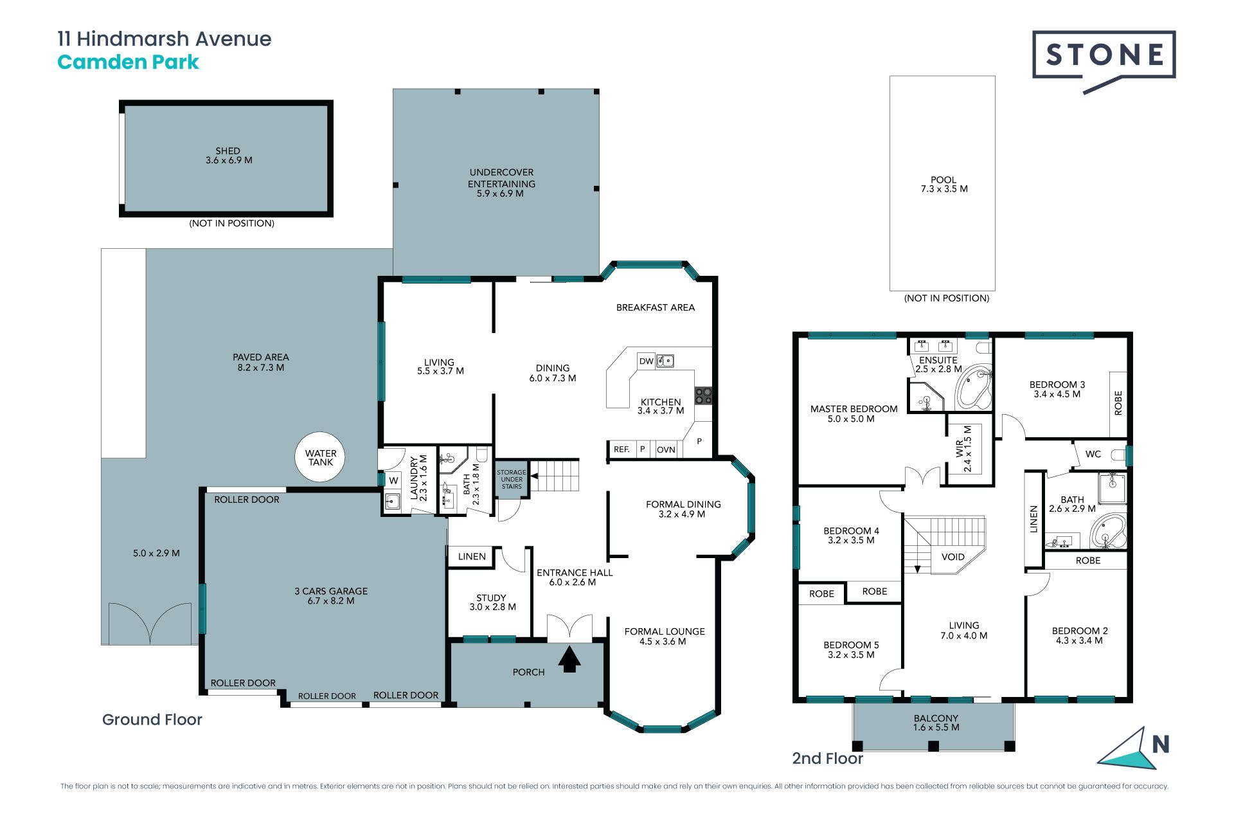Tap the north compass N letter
tap(1160, 745)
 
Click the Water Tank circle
tap(320, 457)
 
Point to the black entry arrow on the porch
tap(569, 660)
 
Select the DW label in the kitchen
tap(647, 361)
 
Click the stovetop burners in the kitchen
tap(703, 395)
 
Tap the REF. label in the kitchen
tap(621, 449)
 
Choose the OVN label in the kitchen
tap(666, 449)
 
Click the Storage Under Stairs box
tap(512, 479)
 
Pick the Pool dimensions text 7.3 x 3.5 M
tap(944, 189)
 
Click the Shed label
tap(228, 151)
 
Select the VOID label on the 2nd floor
tap(953, 557)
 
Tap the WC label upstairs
tap(1093, 454)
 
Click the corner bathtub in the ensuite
tap(974, 387)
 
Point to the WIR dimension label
tap(968, 449)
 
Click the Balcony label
tap(936, 718)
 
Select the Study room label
tap(491, 598)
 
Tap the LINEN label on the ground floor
tap(472, 557)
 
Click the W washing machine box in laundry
tap(393, 480)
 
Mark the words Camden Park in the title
tap(128, 62)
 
